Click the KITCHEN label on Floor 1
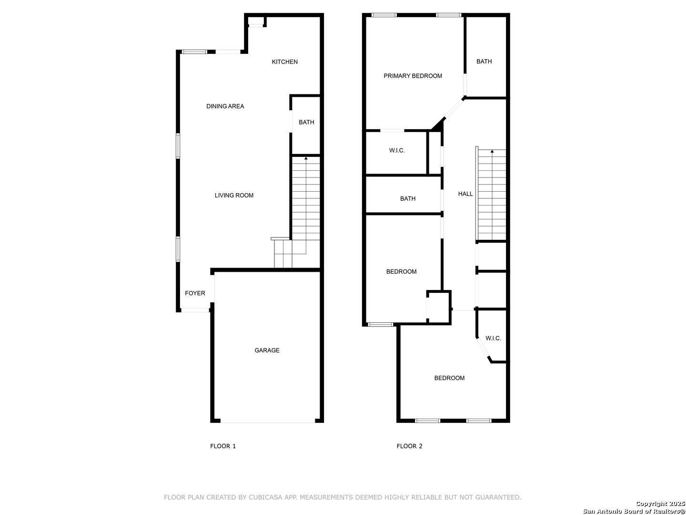coord(284,62)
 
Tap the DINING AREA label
coord(225,106)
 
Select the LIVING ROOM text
coord(234,196)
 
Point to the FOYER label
coord(195,293)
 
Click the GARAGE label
coord(267,350)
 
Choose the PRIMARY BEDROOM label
coord(413,76)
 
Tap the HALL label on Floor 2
coord(465,194)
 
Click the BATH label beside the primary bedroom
coord(484,62)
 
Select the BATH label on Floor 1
coord(306,123)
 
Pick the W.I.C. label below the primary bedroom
coord(397,151)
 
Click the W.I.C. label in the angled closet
coord(493,339)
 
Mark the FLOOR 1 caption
coord(223,446)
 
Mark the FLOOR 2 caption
coord(409,446)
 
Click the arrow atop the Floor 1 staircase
coord(306,158)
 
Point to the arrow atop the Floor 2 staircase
coord(492,152)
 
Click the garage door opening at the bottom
coord(267,422)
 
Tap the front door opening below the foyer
coord(195,310)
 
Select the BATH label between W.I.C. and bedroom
coord(407,199)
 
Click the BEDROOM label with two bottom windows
coord(449,378)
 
